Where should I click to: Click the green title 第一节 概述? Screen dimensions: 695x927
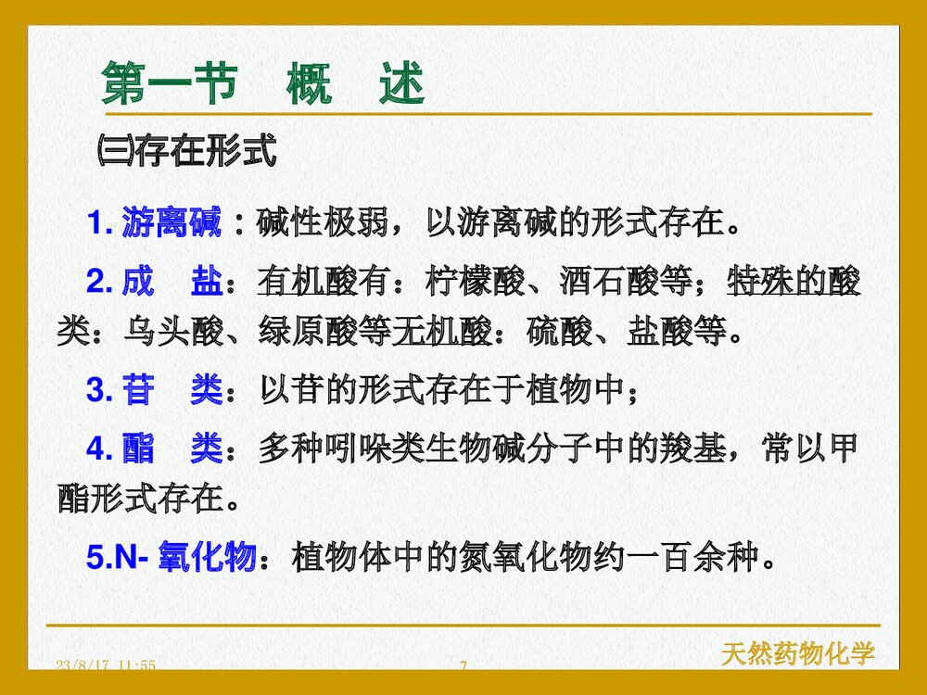(263, 85)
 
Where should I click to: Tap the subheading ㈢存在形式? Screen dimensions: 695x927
(186, 150)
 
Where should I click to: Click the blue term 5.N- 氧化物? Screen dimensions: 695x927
(171, 558)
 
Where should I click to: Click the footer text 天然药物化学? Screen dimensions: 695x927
(798, 654)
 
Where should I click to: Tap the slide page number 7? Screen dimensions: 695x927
(463, 666)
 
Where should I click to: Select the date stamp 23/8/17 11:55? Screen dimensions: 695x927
(106, 666)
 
